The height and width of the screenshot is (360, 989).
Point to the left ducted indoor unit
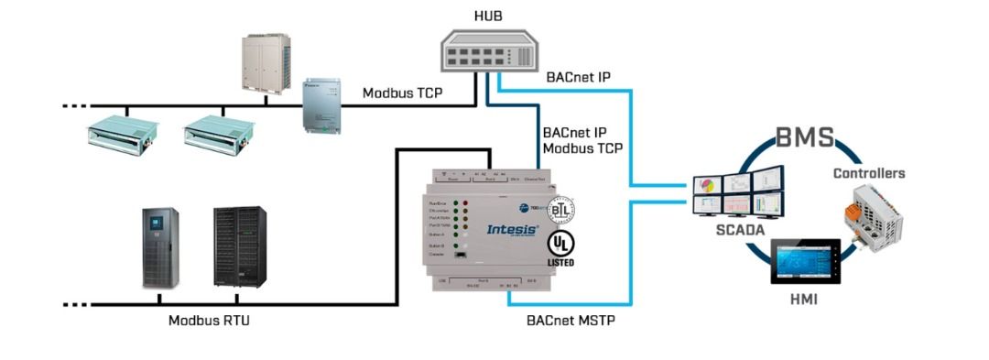(116, 132)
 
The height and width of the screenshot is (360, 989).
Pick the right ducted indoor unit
(215, 132)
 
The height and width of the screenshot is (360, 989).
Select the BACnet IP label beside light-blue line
(578, 78)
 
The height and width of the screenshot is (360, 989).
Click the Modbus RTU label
(209, 321)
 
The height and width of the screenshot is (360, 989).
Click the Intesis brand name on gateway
(512, 229)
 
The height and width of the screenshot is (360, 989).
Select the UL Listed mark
(560, 248)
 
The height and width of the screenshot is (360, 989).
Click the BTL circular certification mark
(560, 208)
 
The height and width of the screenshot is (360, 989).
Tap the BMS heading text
(805, 138)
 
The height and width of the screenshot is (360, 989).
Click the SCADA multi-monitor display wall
(737, 193)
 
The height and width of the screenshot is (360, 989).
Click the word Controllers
(869, 173)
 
